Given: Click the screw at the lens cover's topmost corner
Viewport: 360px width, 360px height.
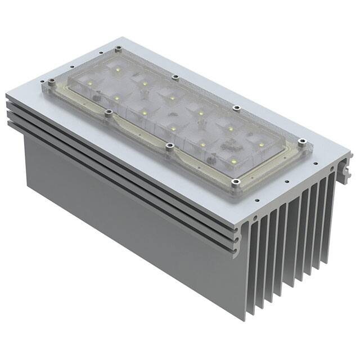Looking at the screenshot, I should click(x=118, y=49).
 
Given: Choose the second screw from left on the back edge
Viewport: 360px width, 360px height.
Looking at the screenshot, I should click(x=175, y=76).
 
